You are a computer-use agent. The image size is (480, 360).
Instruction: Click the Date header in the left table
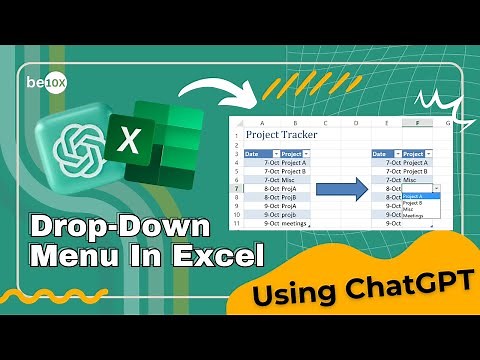pos(254,154)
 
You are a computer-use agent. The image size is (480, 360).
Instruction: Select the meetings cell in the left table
pos(295,223)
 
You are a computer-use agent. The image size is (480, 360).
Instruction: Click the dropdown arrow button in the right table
pos(437,188)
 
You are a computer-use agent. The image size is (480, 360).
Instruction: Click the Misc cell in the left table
pos(289,179)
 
